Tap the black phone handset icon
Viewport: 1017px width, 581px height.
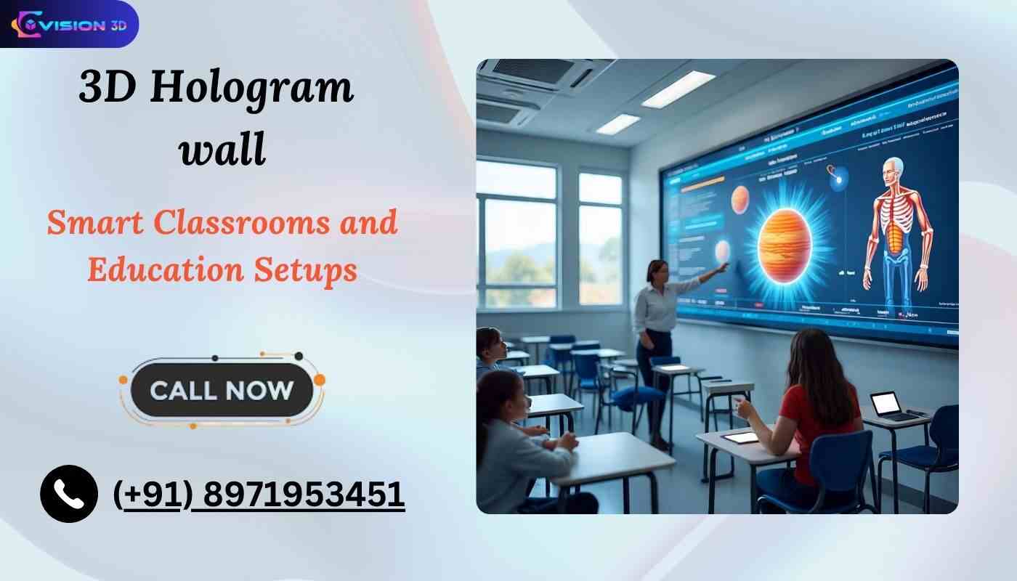click(69, 494)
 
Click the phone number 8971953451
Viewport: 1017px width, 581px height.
click(303, 495)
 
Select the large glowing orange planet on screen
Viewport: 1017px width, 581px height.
click(785, 243)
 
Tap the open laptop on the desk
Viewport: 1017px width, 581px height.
click(888, 405)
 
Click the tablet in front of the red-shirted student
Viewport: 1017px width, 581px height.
click(740, 436)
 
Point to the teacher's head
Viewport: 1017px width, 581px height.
click(657, 271)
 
